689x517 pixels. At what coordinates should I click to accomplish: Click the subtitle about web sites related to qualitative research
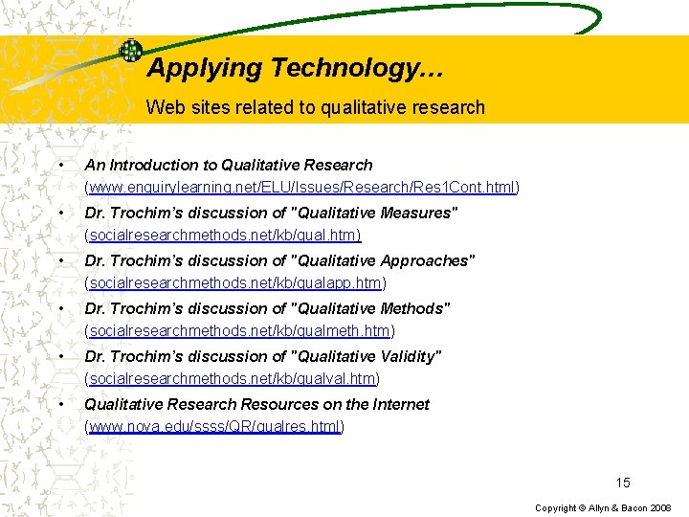316,107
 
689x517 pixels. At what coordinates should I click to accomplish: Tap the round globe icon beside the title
130,51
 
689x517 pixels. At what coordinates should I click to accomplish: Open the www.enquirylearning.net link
301,188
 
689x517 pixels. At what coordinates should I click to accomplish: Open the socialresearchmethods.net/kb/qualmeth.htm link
239,331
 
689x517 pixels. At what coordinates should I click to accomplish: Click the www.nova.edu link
214,427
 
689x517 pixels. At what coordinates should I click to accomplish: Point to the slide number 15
623,483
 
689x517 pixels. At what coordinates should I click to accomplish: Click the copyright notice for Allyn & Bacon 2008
604,507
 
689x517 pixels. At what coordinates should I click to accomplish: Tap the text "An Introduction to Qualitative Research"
229,165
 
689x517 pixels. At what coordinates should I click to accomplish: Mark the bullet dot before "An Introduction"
60,165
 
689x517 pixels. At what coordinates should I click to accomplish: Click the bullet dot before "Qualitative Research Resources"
60,404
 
